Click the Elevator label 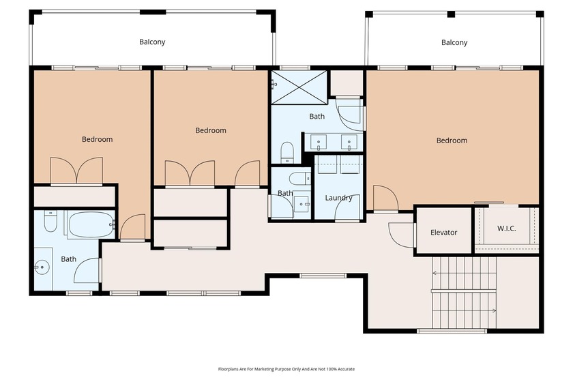(443, 233)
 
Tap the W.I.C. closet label (506, 228)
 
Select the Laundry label (338, 199)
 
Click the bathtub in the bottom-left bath (90, 223)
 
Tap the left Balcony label (152, 42)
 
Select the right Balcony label (454, 42)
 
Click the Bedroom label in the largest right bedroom (452, 141)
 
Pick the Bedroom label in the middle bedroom (210, 130)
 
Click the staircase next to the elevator (464, 292)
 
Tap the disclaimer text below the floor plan (286, 369)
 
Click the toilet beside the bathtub (50, 222)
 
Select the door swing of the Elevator (402, 234)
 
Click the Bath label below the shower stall (317, 117)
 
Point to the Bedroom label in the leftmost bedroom (97, 139)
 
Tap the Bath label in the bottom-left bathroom (69, 259)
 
